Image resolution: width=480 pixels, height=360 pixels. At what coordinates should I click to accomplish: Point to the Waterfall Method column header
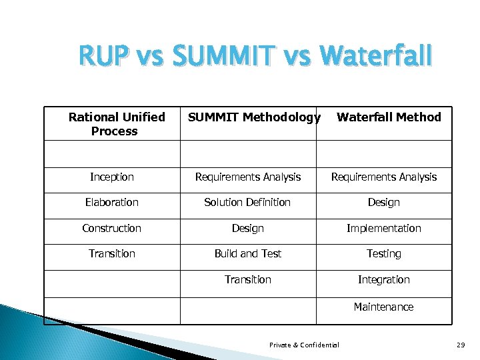389,117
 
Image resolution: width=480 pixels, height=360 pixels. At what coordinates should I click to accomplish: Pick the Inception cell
112,177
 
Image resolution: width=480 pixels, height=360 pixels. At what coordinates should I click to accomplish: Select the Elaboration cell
112,202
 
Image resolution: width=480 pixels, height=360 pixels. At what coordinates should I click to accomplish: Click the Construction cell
112,228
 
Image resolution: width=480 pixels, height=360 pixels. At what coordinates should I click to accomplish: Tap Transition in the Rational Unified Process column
112,253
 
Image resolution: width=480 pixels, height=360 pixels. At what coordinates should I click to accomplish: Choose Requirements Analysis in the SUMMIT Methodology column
248,177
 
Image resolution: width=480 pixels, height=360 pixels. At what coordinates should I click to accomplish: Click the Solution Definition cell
248,202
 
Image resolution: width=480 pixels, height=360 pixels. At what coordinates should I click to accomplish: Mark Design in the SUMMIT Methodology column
248,228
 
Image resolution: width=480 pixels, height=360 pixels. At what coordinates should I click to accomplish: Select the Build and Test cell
248,253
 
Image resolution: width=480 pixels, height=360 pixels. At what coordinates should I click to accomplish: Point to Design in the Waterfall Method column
384,202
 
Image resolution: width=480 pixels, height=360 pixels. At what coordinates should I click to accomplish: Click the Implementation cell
384,228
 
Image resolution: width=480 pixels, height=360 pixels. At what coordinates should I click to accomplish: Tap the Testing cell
384,253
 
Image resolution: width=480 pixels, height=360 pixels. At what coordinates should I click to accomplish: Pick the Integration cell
384,279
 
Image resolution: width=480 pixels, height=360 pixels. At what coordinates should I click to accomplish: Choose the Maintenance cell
384,307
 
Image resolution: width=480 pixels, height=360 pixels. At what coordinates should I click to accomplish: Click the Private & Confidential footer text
304,345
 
